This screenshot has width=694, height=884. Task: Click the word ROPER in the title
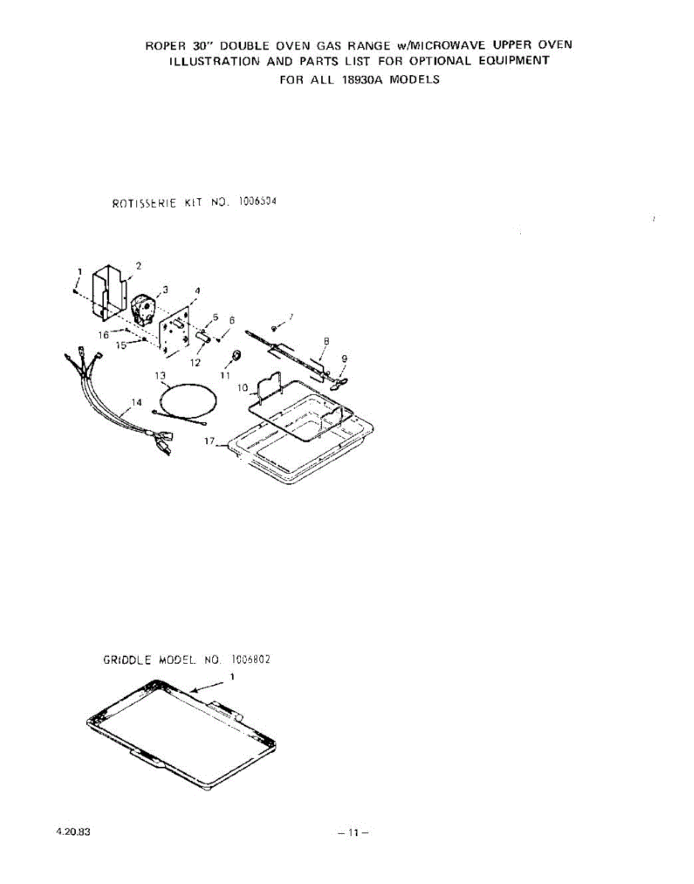(x=163, y=45)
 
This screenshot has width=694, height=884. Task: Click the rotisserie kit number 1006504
(x=257, y=200)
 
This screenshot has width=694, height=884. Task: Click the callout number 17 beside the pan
(x=210, y=441)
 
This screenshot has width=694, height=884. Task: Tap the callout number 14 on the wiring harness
(x=136, y=402)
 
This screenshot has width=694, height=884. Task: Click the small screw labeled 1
(x=76, y=290)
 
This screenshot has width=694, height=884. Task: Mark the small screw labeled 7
(x=274, y=328)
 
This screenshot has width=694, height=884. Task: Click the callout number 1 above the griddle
(x=233, y=676)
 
